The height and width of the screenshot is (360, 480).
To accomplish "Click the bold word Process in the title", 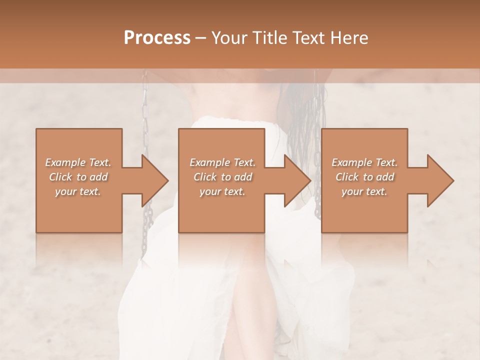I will (157, 37).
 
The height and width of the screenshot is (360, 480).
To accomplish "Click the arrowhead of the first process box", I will (155, 180).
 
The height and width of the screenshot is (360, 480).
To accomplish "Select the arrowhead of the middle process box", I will (297, 180).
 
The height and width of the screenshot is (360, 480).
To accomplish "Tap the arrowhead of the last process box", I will (440, 180).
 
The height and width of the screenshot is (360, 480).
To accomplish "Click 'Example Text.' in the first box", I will (78, 162).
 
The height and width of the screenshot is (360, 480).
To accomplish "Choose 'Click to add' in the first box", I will (78, 177).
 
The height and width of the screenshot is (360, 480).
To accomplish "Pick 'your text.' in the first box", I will (78, 191).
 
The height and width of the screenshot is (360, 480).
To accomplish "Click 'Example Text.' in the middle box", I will (222, 162).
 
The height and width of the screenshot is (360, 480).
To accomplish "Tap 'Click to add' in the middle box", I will (222, 177).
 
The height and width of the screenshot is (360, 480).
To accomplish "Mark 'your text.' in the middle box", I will (222, 191).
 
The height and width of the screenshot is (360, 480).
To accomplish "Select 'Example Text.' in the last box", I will (364, 162).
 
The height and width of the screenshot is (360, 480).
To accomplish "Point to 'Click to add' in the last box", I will (364, 177).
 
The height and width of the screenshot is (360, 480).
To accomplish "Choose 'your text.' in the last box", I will (364, 191).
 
